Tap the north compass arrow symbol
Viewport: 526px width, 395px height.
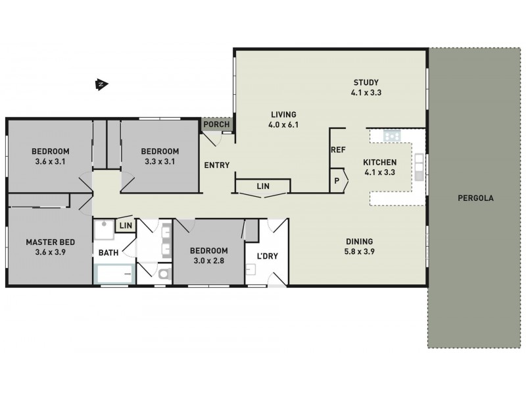tap(101, 84)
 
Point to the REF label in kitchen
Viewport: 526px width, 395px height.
tap(338, 150)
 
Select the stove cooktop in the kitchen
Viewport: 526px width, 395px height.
tap(393, 136)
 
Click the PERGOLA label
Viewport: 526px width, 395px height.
tap(477, 197)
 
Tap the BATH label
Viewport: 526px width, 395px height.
tap(108, 253)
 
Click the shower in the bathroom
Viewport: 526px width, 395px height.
tap(104, 230)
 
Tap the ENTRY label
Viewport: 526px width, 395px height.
tap(216, 165)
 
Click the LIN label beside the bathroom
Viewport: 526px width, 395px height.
tap(126, 226)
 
